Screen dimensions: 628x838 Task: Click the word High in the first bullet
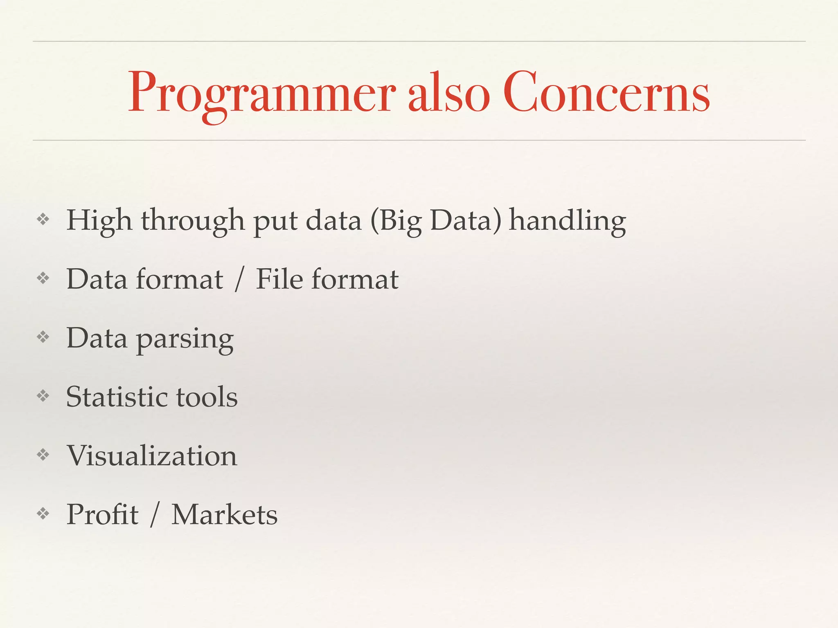[x=99, y=221]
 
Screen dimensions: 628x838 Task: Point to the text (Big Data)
[x=436, y=221]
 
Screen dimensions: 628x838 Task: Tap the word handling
[x=567, y=221]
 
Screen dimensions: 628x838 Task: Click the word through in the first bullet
[x=193, y=221]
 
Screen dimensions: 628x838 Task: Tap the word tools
[x=207, y=397]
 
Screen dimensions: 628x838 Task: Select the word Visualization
[x=152, y=455]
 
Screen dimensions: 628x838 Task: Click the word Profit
[x=102, y=514]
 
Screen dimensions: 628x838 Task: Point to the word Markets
[x=224, y=514]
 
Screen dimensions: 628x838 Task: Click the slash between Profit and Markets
[x=154, y=514]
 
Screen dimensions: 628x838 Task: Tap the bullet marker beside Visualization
[x=43, y=454]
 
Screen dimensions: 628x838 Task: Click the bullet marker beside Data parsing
[x=43, y=337]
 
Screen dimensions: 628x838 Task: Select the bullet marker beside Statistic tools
[x=43, y=395]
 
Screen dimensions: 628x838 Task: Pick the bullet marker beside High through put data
[x=43, y=220]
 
